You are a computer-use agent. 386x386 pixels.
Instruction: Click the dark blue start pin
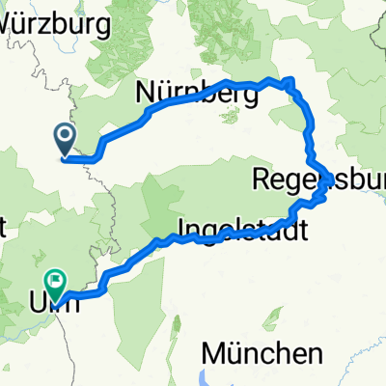tap(66, 138)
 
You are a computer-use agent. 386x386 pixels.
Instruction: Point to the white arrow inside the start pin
tap(66, 137)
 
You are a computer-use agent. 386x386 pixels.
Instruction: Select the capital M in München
tap(213, 349)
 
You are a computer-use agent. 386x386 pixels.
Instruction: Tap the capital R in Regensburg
tap(260, 179)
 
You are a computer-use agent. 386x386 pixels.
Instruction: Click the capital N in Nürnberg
tap(145, 94)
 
